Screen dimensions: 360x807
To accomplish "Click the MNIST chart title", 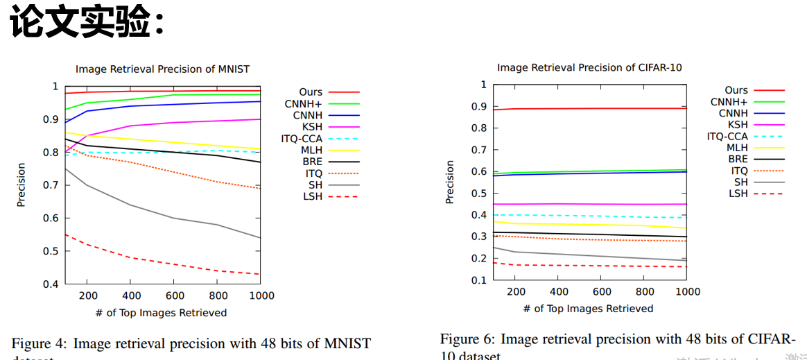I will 162,69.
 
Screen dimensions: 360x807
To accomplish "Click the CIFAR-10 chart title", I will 589,67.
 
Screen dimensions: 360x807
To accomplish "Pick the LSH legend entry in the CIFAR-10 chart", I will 738,194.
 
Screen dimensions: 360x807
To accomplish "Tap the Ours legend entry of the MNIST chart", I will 311,92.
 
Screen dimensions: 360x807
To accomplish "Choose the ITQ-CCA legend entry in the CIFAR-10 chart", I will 727,137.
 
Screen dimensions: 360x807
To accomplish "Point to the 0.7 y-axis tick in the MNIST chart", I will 51,185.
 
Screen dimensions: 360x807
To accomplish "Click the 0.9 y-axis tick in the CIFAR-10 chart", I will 478,107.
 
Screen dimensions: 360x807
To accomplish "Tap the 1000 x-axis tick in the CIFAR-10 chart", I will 686,292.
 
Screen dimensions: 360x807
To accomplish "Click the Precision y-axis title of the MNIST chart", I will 21,185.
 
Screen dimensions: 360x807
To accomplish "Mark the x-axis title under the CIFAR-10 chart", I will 589,309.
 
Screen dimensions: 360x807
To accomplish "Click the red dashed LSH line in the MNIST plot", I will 173,264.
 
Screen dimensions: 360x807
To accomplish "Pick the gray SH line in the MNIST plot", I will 173,218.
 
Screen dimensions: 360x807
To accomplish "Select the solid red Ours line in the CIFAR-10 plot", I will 589,108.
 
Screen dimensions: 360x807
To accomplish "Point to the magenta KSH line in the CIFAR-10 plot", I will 589,204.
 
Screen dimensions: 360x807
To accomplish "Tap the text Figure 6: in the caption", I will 467,339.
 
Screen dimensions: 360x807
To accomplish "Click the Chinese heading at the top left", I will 87,24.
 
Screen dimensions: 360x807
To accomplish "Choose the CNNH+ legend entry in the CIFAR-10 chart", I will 729,102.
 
